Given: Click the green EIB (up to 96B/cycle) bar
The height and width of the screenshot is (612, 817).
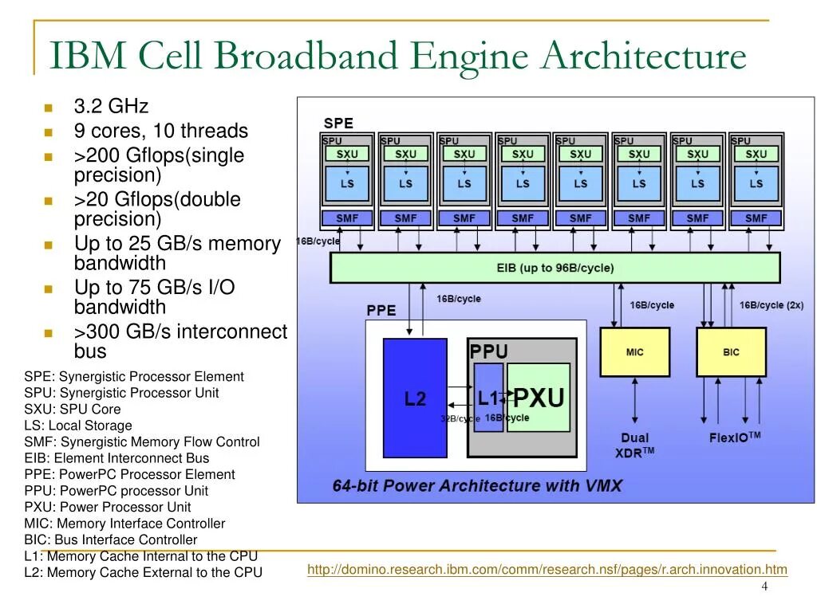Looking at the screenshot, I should [x=555, y=269].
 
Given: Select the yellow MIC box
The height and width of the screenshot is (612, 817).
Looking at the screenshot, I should [x=634, y=352].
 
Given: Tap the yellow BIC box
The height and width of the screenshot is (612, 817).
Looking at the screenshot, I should [x=731, y=352].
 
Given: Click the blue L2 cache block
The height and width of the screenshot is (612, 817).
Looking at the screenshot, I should [x=415, y=398].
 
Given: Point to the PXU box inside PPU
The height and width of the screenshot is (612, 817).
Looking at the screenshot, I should [x=539, y=398].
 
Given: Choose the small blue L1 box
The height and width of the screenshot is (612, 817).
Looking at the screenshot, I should [x=488, y=398].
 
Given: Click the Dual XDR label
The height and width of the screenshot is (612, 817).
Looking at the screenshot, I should [x=636, y=445].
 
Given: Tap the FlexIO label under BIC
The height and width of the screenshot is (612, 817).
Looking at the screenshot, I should [x=735, y=437].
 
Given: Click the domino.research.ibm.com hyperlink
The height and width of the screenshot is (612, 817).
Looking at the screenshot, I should [x=547, y=569].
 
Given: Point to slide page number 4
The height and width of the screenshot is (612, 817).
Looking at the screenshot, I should [x=764, y=587].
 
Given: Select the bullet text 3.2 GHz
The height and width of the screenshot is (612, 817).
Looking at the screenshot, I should [x=111, y=107].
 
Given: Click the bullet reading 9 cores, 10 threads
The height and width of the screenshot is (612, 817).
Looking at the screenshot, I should [x=160, y=131].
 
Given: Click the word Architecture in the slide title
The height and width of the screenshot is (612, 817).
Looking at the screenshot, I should [x=643, y=57].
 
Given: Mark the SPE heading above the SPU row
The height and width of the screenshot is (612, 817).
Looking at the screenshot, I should [x=337, y=124].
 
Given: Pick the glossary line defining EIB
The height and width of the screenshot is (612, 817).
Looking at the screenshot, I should [x=116, y=458].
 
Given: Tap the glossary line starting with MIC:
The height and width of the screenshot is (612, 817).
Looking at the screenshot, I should [x=124, y=524].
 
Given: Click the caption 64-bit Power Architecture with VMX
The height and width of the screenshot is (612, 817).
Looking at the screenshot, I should [x=477, y=486].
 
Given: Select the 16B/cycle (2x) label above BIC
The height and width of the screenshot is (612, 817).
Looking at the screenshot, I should [x=771, y=305].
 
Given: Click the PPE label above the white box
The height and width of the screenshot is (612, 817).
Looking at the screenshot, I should [x=381, y=310].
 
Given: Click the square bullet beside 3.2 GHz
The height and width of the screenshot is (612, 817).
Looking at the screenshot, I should [x=47, y=108].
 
